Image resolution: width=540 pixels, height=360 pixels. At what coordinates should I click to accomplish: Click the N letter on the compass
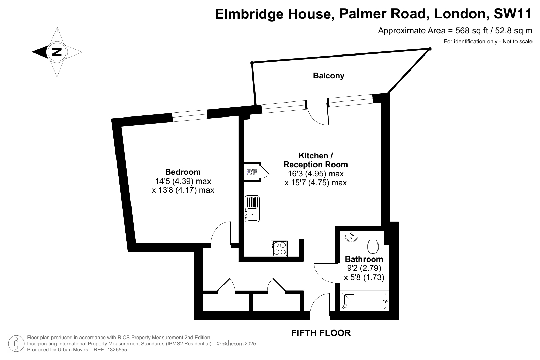tap(57, 52)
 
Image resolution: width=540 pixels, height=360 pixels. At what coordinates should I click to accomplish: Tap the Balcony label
tap(328, 76)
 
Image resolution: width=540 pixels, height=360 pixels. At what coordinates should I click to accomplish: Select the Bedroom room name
tap(183, 172)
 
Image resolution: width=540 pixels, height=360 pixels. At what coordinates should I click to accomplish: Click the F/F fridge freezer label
tap(252, 172)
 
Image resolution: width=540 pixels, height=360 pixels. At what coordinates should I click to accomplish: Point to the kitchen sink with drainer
tap(252, 209)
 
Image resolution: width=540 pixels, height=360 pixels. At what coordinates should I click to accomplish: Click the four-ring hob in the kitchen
tap(279, 249)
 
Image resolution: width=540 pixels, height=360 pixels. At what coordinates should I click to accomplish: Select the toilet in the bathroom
tap(373, 246)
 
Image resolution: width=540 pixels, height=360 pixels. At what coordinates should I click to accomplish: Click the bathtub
tap(364, 301)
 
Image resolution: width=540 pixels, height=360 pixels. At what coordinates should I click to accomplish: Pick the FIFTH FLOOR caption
tap(321, 333)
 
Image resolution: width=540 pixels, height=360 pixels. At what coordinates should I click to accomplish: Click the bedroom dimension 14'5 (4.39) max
tap(183, 181)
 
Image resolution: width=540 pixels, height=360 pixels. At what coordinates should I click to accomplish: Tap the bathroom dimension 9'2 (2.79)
tap(364, 268)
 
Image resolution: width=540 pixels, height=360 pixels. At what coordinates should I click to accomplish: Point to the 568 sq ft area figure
tap(472, 31)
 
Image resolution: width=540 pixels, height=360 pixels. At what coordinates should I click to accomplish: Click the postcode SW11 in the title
tap(512, 14)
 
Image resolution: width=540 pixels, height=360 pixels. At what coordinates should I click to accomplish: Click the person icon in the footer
tap(16, 344)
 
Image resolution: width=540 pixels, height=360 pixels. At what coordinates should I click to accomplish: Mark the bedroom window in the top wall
tap(190, 115)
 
